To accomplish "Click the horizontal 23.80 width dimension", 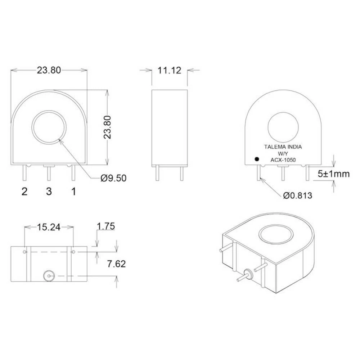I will tap(49, 70).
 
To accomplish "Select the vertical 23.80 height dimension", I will tap(108, 127).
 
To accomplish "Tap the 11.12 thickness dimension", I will tap(169, 70).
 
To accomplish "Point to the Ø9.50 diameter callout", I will tap(113, 178).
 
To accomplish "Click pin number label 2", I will tap(24, 191).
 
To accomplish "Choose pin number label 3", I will tap(49, 191).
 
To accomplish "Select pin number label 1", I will tap(73, 191).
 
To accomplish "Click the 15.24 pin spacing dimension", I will tap(49, 227).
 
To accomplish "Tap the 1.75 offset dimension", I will tap(105, 226).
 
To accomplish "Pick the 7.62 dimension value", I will tap(116, 264).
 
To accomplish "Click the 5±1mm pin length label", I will tap(333, 174).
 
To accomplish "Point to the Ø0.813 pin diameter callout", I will tap(297, 196).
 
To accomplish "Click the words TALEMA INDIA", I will tap(283, 147).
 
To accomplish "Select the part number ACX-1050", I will tap(283, 160).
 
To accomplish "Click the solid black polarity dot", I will tap(257, 159).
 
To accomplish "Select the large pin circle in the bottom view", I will tap(48, 276).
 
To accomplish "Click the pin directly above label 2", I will tap(24, 173).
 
